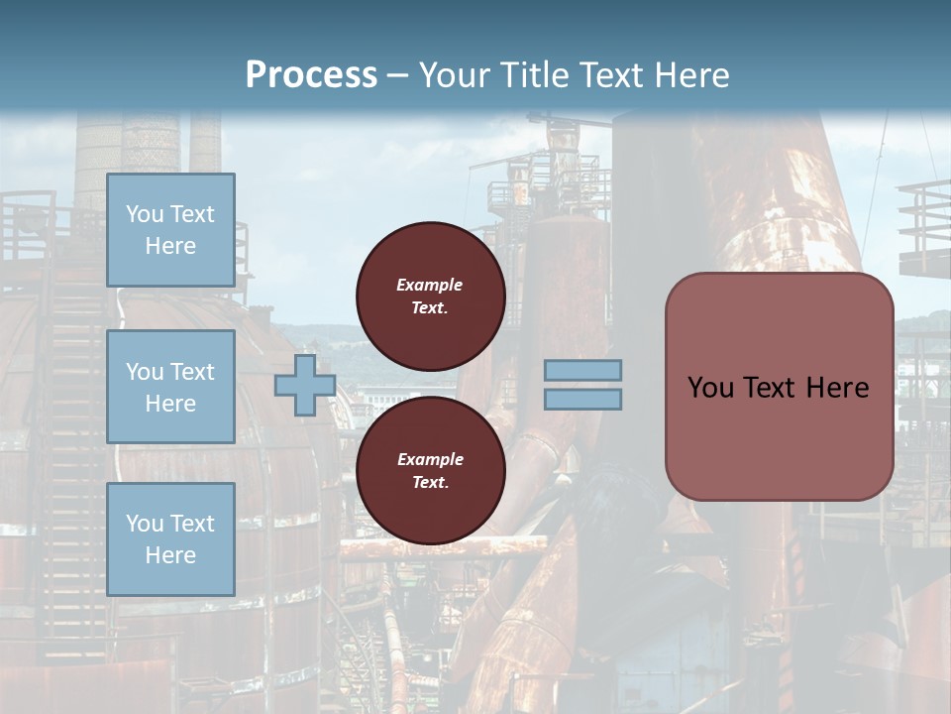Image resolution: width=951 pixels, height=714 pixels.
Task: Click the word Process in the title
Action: (311, 75)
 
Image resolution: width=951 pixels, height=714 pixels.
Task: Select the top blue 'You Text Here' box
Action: (170, 230)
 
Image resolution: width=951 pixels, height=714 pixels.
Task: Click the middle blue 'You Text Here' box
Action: (170, 387)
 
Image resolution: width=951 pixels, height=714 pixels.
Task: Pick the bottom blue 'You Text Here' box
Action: (170, 538)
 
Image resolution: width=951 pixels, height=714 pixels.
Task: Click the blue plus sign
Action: (305, 385)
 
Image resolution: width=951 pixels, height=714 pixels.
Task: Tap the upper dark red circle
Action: (430, 297)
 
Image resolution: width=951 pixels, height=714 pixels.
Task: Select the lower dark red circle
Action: (430, 471)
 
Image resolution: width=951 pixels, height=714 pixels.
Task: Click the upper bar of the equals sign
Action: (582, 370)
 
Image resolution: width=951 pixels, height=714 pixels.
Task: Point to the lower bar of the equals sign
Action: (582, 399)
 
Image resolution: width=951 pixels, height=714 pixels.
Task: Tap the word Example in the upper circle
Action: (430, 285)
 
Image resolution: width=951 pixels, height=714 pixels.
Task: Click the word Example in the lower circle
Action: (430, 459)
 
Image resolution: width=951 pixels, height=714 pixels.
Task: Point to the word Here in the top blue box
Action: (170, 246)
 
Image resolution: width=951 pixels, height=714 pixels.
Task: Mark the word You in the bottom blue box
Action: (145, 523)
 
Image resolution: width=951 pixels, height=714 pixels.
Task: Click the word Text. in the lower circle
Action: (430, 483)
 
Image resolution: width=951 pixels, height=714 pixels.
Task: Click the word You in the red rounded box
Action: (710, 388)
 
